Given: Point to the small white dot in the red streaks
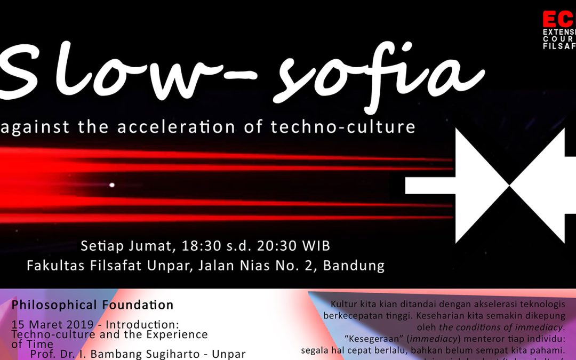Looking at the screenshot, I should click(x=112, y=186).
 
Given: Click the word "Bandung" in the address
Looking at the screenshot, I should click(x=355, y=266).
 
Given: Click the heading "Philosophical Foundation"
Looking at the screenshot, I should click(x=93, y=306).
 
